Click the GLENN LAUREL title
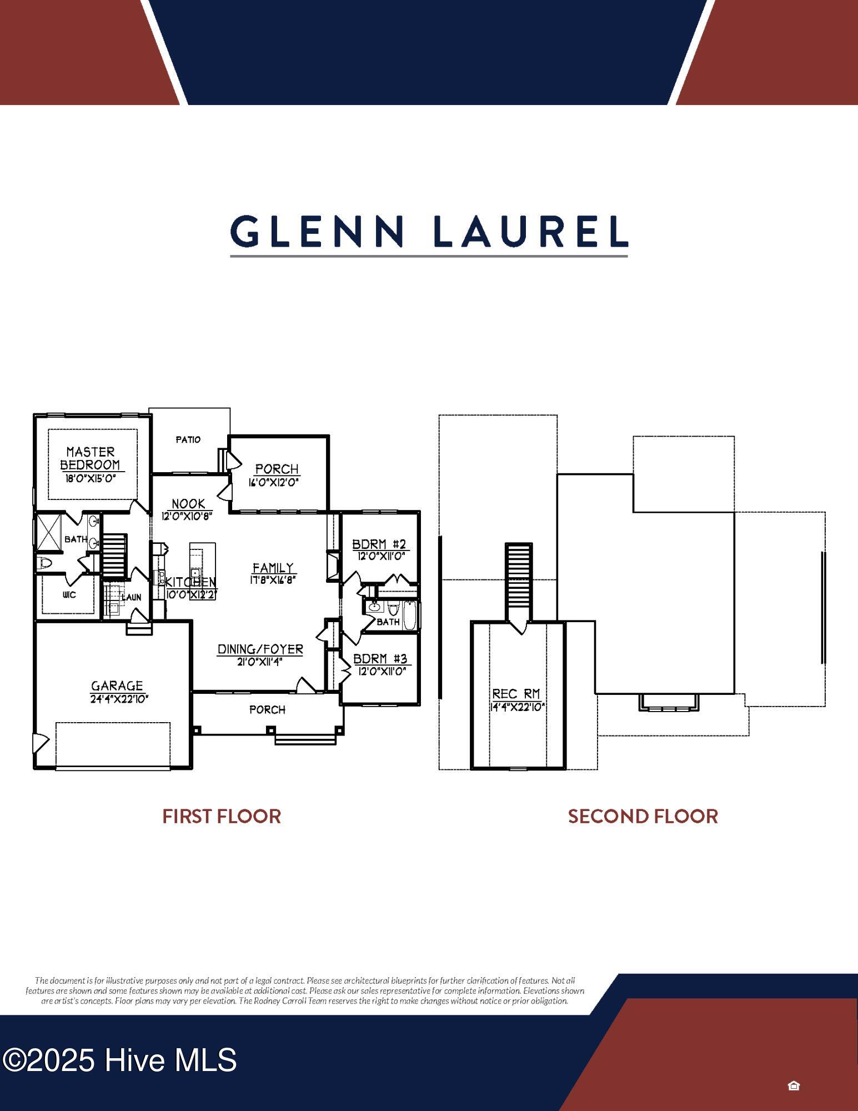(429, 232)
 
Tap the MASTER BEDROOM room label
(90, 458)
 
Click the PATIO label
(188, 439)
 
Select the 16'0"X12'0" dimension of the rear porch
(274, 483)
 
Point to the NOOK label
(188, 504)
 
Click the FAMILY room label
(273, 568)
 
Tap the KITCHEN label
(191, 582)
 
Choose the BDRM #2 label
(380, 544)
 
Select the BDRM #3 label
(380, 659)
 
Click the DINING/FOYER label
(260, 649)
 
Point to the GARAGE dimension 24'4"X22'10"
(119, 699)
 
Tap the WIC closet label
(69, 595)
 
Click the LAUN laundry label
(132, 597)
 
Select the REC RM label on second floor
(516, 694)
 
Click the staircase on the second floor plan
(519, 578)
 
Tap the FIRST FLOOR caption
(222, 817)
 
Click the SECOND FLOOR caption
(643, 817)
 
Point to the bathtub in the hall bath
(409, 614)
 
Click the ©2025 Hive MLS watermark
(119, 1060)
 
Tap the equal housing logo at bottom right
(794, 1085)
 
